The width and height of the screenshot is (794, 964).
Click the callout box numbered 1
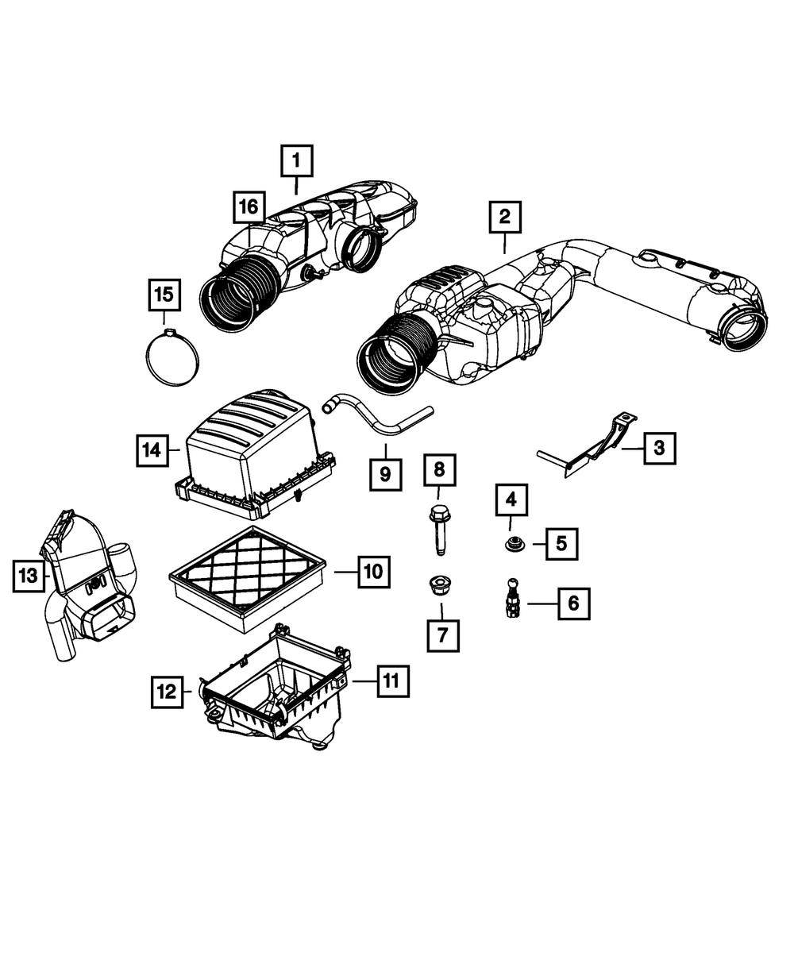tap(295, 161)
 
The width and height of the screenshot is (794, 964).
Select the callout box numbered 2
tap(505, 215)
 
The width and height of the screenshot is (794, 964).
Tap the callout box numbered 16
tap(249, 207)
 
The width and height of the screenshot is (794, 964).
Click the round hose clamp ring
tap(172, 356)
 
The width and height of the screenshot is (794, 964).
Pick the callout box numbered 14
tap(152, 450)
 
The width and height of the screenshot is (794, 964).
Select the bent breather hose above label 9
tap(373, 419)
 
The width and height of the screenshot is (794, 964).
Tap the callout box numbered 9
tap(385, 474)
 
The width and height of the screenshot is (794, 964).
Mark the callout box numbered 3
tap(659, 449)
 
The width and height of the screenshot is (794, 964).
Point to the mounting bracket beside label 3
tap(592, 449)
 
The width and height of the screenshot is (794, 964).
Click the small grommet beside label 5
tap(511, 546)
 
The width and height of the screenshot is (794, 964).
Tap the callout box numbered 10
tap(374, 570)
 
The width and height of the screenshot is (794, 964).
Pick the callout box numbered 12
tap(168, 691)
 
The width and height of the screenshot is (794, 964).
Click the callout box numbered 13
tap(29, 575)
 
